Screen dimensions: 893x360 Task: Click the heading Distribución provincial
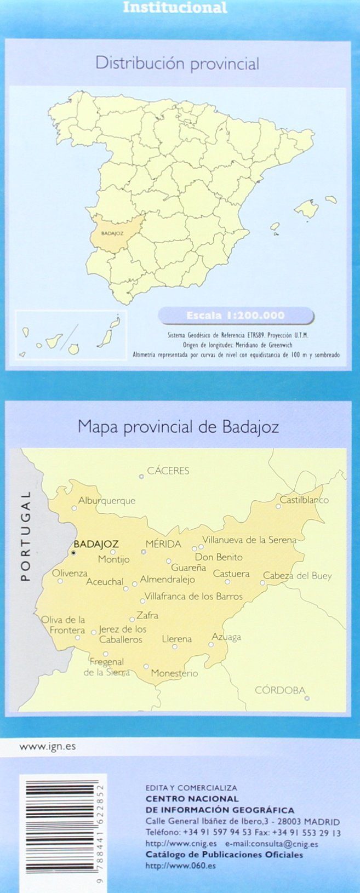pos(177,64)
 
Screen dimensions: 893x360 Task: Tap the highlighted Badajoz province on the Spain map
pos(113,233)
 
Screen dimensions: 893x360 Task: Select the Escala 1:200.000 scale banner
pos(236,316)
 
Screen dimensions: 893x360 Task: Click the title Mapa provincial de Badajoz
pos(178,427)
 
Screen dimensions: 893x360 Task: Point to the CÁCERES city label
pos(168,471)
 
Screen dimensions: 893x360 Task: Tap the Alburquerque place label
pos(106,500)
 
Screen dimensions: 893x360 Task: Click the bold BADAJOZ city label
pos(96,544)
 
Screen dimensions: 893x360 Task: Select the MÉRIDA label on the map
pos(163,544)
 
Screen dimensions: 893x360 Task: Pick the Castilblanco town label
pos(304,500)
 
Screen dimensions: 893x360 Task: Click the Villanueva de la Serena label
pos(249,540)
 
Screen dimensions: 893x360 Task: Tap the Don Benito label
pos(219,557)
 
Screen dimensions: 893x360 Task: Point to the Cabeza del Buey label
pos(298,576)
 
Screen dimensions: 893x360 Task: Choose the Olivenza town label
pos(70,573)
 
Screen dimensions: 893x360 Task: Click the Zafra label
pos(147,615)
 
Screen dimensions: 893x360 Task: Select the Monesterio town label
pos(174,673)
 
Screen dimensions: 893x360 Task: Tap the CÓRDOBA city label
pos(280,690)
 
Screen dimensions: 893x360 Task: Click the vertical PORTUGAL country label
pos(25,535)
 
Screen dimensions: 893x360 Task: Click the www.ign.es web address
pos(48,746)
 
